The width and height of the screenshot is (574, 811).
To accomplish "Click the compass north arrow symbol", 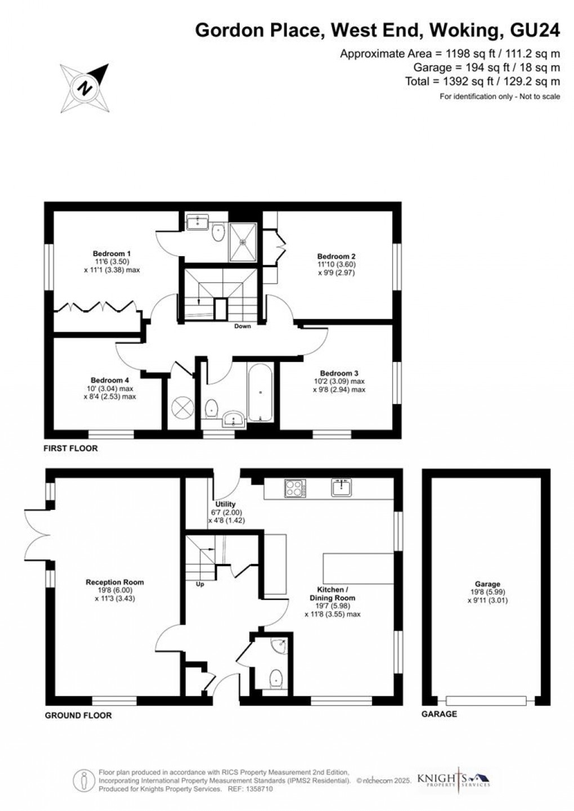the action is pos(84,88).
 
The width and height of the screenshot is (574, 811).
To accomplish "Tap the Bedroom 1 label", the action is pos(112,253).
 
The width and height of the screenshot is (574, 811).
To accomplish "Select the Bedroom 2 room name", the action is pos(336,256).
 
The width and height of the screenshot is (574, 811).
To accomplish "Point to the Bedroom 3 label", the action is pos(339,373).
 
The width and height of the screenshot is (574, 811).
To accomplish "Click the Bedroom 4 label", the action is pos(110,380).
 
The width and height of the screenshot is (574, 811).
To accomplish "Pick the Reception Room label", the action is pos(115,582).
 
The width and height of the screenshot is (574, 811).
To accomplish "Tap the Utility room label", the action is pos(225,504).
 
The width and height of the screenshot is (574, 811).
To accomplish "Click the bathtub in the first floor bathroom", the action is pos(260,392).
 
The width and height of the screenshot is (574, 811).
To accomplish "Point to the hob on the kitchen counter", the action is pos(295,488).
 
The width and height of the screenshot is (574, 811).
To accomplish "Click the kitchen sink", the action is pos(342,487).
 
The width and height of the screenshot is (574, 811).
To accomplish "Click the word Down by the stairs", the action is pos(243,326).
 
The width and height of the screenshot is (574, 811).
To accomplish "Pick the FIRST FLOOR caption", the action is pos(70,448).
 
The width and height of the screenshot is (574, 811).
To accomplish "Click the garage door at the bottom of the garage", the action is pos(486,701).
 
